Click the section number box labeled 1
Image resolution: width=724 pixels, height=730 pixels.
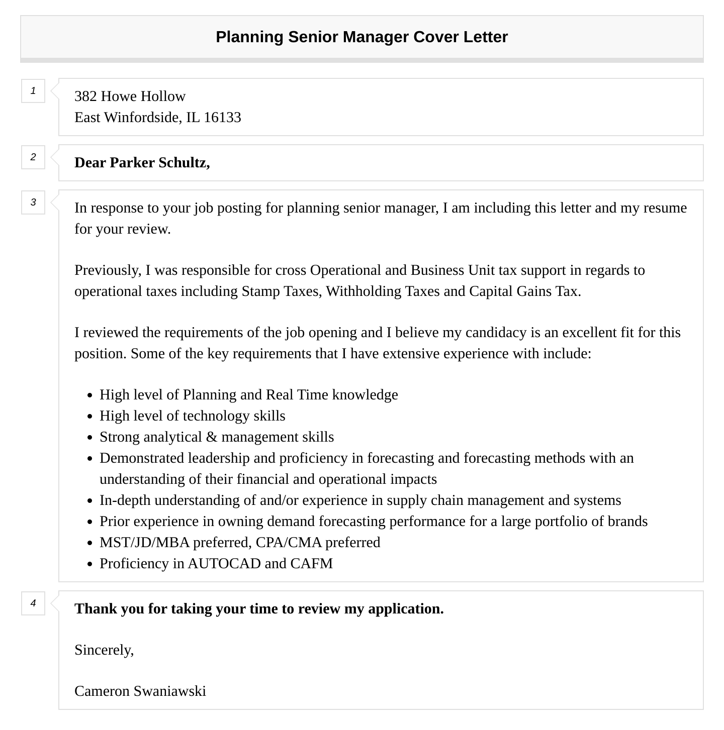click(33, 91)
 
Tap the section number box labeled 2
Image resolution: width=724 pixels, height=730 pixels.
click(33, 157)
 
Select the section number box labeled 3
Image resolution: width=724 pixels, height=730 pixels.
click(33, 202)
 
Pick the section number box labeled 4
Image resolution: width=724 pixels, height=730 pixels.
click(33, 603)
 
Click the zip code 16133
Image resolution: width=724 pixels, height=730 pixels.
click(222, 118)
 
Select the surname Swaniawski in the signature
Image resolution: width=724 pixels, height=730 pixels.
click(169, 691)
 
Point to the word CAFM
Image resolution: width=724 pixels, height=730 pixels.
click(312, 564)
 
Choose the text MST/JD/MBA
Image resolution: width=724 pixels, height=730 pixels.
click(144, 543)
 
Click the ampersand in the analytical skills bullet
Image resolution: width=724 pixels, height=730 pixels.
click(212, 437)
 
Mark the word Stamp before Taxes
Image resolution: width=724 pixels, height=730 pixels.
click(260, 291)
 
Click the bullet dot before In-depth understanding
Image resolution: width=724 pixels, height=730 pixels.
click(90, 501)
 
